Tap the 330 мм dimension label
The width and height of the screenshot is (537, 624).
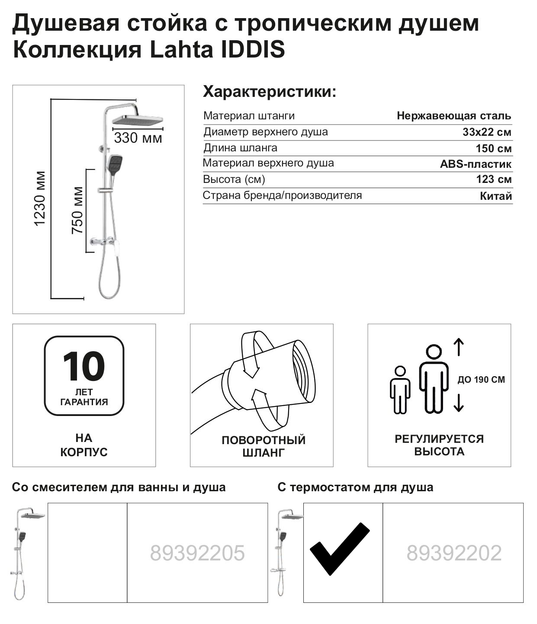138,138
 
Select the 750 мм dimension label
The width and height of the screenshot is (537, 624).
77,210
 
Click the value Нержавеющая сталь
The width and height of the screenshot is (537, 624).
454,116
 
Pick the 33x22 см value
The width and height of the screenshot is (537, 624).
487,132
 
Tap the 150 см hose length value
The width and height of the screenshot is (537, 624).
493,148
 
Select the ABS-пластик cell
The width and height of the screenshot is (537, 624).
476,164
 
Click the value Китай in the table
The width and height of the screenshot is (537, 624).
496,196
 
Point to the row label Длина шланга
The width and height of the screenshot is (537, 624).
240,148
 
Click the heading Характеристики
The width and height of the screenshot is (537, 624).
269,92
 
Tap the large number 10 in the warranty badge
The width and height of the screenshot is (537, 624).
84,366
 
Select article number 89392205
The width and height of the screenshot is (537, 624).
197,553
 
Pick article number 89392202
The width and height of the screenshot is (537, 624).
454,553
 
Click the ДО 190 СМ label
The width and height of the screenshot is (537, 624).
481,380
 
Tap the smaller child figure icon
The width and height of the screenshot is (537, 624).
400,390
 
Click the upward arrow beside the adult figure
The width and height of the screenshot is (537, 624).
459,347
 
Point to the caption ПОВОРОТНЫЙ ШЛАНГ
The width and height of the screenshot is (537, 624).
263,446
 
